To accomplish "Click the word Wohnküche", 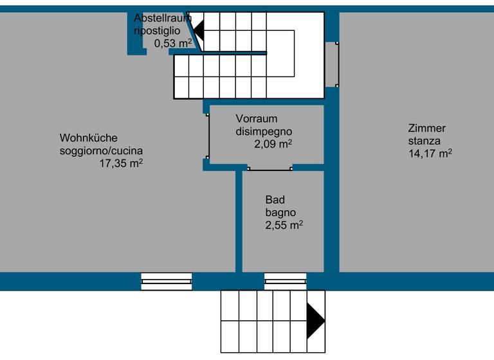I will pyautogui.click(x=89, y=138).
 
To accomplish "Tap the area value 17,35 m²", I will pyautogui.click(x=120, y=164).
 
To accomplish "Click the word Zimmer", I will pyautogui.click(x=426, y=128).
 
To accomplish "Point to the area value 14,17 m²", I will pyautogui.click(x=430, y=154).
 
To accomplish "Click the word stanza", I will pyautogui.click(x=424, y=141).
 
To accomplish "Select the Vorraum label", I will pyautogui.click(x=256, y=119).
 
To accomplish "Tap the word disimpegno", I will pyautogui.click(x=264, y=132).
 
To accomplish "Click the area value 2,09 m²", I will pyautogui.click(x=273, y=144).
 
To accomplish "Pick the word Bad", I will pyautogui.click(x=275, y=200).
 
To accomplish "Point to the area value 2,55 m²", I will pyautogui.click(x=284, y=226).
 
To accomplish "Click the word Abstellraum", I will pyautogui.click(x=162, y=18).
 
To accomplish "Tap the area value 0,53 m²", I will pyautogui.click(x=173, y=44).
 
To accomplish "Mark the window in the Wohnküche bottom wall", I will pyautogui.click(x=167, y=282).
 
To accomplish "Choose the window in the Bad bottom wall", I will pyautogui.click(x=286, y=282).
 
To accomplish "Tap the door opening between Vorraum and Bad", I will pyautogui.click(x=270, y=168).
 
